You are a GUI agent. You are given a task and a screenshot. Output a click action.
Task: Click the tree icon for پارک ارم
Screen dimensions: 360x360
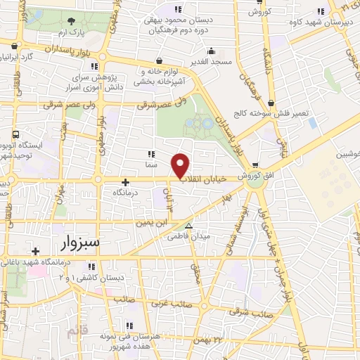pyautogui.click(x=73, y=22)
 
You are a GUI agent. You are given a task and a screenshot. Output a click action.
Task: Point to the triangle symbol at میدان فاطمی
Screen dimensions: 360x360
pyautogui.click(x=188, y=226)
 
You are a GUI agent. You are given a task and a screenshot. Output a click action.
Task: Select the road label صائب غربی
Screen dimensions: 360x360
pyautogui.click(x=166, y=305)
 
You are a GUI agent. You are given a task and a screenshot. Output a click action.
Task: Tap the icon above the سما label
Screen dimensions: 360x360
pyautogui.click(x=150, y=154)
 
